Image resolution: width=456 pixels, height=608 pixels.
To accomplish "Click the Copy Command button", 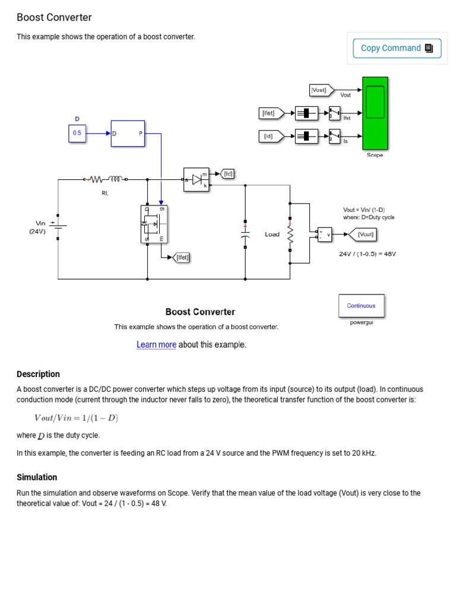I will (397, 48).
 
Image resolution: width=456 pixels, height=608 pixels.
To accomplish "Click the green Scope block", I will (375, 113).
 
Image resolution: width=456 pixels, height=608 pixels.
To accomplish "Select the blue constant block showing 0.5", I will (77, 134).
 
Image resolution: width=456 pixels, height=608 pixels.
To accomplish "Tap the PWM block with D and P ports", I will (128, 134).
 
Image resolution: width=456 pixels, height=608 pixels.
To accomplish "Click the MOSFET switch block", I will (154, 224).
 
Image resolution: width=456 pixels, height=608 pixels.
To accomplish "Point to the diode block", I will (197, 179).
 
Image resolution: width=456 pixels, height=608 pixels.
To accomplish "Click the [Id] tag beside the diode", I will (227, 174).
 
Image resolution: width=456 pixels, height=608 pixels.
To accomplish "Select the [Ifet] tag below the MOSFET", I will (180, 258).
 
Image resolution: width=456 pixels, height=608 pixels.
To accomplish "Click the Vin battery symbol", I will (58, 226).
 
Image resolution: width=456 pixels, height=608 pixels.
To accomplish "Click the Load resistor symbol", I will (290, 234).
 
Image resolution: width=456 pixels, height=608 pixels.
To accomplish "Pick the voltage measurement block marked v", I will (324, 235).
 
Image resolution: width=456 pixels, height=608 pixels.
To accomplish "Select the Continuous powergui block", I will (361, 306).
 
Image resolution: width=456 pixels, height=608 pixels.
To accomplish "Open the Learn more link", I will (156, 345).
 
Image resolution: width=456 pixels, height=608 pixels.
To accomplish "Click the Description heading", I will (38, 374).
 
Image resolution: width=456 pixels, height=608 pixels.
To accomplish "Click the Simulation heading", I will (37, 477).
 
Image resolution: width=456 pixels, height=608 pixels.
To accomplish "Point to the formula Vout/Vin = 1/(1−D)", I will (76, 419).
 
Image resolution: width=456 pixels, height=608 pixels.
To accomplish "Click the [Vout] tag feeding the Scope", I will (321, 90).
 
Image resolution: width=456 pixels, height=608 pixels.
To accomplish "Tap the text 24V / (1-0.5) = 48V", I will (367, 254).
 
